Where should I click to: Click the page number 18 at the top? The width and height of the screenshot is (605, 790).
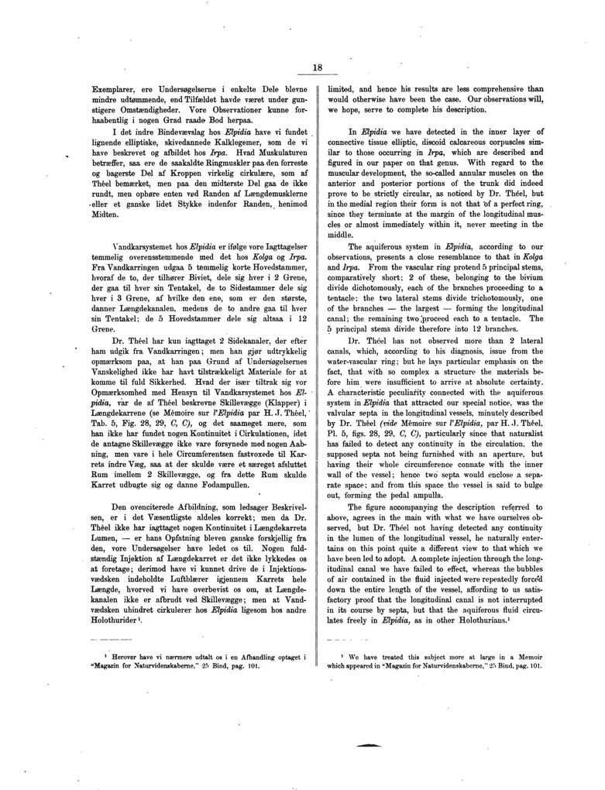tap(317, 67)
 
